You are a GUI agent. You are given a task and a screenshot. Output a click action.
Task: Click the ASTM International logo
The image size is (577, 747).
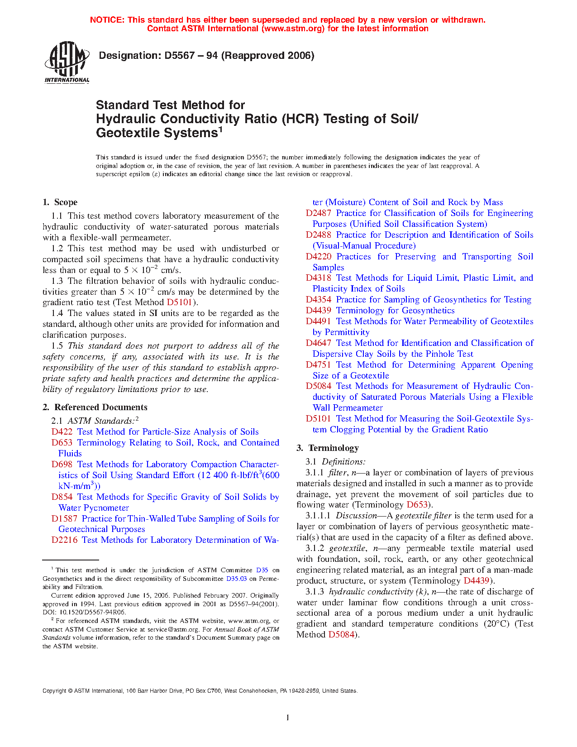(x=67, y=63)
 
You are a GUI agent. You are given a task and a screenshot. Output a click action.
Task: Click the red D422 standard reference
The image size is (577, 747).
(x=62, y=432)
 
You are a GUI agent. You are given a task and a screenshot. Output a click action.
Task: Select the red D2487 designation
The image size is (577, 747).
(x=318, y=213)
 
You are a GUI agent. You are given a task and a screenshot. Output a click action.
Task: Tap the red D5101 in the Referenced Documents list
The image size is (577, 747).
(x=318, y=419)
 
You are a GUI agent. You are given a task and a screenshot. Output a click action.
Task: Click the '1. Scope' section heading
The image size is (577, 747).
(x=60, y=202)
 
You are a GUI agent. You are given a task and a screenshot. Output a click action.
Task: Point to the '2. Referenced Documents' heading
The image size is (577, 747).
(x=95, y=407)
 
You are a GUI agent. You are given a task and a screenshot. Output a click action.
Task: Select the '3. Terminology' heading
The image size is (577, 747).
(x=328, y=448)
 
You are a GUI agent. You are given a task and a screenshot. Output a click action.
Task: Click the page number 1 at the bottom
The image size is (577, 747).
(x=287, y=717)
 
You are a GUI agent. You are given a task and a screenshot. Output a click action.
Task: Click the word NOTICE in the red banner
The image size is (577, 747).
(x=107, y=20)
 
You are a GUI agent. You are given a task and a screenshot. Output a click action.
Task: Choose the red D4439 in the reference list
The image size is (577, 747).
(x=318, y=311)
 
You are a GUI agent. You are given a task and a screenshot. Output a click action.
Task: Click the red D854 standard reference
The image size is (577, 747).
(x=62, y=497)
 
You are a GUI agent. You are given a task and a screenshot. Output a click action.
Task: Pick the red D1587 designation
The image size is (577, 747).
(x=64, y=519)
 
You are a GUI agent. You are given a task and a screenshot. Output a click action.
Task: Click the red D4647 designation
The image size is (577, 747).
(x=318, y=343)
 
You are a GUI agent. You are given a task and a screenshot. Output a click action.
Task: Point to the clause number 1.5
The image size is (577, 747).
(x=57, y=346)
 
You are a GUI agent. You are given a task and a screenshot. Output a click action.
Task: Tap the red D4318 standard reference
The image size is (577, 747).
(x=318, y=278)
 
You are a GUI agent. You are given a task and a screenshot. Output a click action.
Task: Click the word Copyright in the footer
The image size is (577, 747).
(x=54, y=691)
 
